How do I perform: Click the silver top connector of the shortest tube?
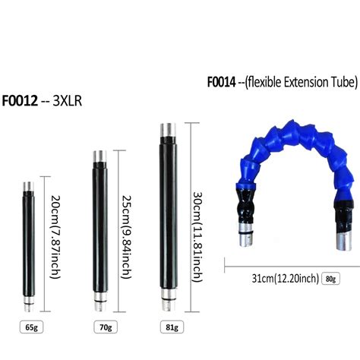tap(28, 187)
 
